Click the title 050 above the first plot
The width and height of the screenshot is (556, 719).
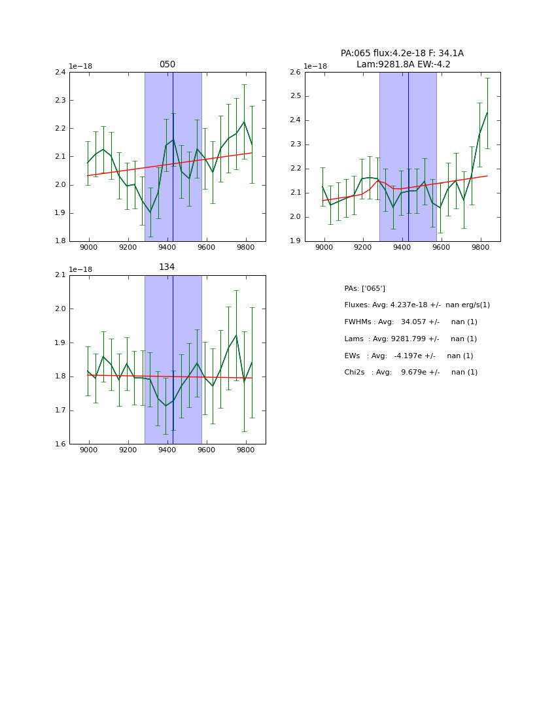pos(167,65)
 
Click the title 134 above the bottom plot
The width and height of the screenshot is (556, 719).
pos(167,267)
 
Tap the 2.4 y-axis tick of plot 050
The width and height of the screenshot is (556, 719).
pos(60,73)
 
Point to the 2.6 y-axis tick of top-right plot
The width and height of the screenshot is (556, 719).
pos(295,73)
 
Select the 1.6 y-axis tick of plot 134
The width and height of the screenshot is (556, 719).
pos(60,444)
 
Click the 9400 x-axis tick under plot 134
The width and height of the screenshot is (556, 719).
pos(167,450)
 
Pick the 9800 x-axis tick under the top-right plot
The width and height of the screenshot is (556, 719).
pos(480,248)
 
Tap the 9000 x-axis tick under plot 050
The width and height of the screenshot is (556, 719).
pos(89,248)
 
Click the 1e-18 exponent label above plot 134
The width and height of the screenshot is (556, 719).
pos(80,269)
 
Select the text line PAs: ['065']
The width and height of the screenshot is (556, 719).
pos(364,289)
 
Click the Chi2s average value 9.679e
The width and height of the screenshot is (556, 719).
pos(411,373)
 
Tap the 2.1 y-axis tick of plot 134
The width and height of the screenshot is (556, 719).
pos(60,275)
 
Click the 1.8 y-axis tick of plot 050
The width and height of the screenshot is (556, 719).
pos(60,241)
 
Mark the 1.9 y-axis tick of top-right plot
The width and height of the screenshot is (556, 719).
pos(295,241)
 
